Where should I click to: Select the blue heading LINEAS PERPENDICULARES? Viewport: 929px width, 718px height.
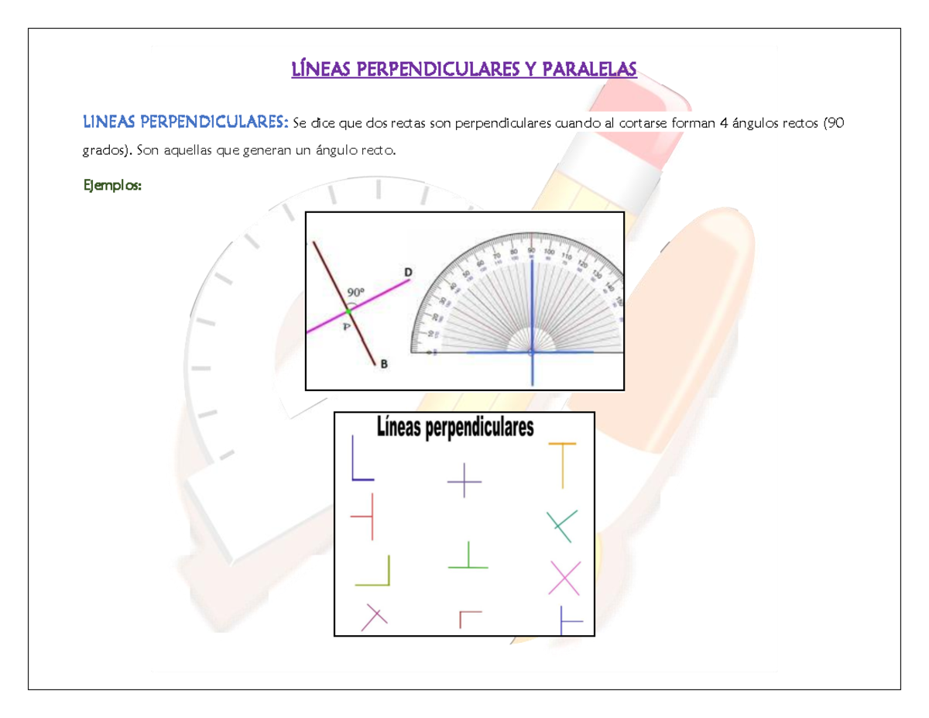point(186,122)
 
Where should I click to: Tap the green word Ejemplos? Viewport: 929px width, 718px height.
point(112,186)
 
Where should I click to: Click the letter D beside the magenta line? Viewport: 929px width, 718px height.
point(408,272)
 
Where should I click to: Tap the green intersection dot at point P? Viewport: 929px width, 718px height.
point(348,311)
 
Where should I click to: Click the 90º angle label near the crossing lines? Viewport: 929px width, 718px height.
point(355,292)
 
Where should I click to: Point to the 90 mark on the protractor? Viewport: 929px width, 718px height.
point(532,251)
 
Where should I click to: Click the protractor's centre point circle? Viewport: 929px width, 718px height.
point(532,352)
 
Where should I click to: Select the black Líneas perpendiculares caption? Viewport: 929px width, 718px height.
point(455,428)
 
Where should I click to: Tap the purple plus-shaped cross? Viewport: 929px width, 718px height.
point(464,480)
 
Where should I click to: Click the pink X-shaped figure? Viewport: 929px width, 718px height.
point(564,578)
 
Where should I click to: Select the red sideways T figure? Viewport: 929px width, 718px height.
point(365,516)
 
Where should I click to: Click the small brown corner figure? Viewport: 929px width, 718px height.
point(468,618)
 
